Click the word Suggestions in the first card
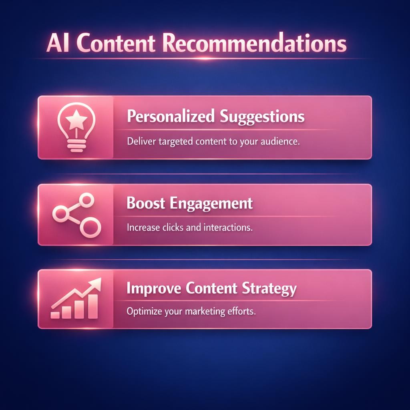point(262,117)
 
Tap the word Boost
point(146,203)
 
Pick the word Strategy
point(269,289)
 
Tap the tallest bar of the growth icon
point(93,307)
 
